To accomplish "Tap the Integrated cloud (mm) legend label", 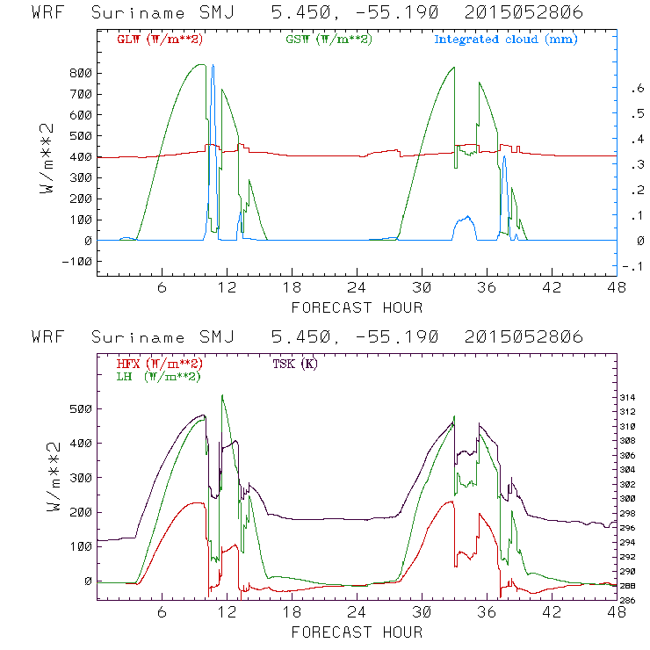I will [505, 40].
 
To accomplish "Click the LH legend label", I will [157, 376].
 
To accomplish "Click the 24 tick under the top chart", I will [356, 287].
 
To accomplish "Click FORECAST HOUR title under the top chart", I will [357, 307].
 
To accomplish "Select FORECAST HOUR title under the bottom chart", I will [357, 632].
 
